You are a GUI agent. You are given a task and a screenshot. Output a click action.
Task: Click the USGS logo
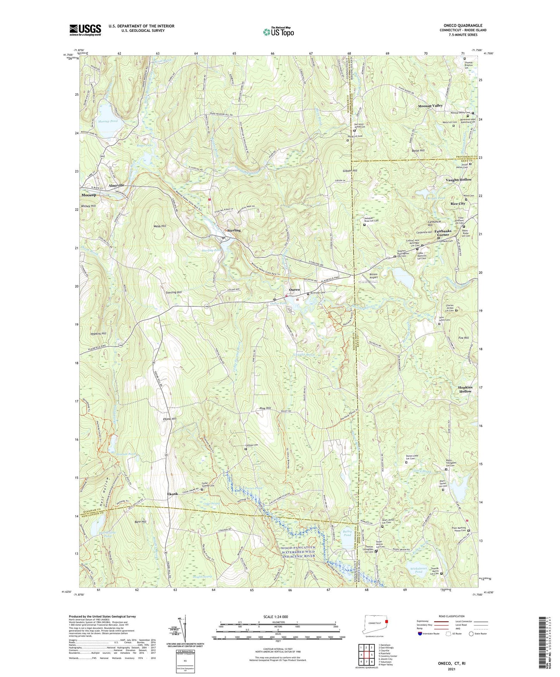(85, 30)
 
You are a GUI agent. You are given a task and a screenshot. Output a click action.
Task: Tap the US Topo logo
(278, 32)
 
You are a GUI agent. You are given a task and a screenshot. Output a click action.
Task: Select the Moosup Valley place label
(430, 105)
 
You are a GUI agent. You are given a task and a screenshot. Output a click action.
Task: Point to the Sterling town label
(234, 230)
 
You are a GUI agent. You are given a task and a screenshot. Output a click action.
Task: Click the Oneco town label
(295, 290)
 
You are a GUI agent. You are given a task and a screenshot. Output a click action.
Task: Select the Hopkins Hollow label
(465, 389)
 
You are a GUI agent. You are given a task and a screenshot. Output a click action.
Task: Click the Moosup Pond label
(108, 121)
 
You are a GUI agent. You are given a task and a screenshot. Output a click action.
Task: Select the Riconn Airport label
(371, 276)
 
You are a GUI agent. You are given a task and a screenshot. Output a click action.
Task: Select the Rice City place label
(458, 204)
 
